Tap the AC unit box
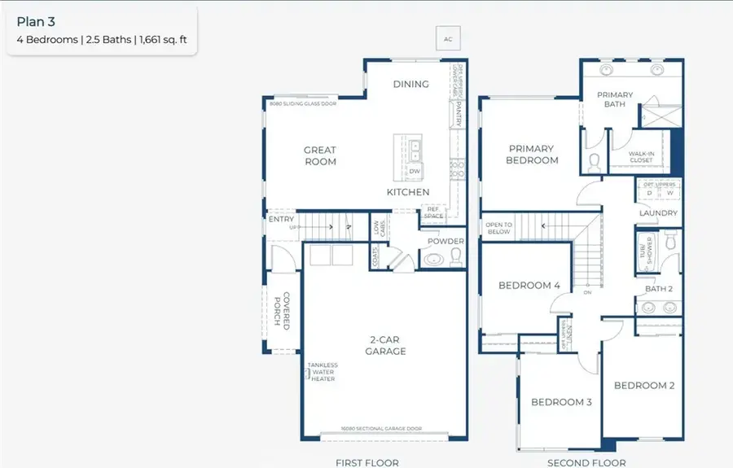point(447,38)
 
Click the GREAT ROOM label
point(320,155)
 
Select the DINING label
point(410,84)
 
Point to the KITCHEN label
point(407,192)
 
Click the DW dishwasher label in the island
point(414,172)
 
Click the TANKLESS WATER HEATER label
point(323,372)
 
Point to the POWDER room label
point(446,241)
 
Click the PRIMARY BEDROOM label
point(531,155)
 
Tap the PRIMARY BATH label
point(615,99)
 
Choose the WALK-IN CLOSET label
point(641,156)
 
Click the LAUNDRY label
point(658,213)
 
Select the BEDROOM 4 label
point(529,286)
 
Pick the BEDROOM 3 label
point(561,402)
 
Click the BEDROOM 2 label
point(643,386)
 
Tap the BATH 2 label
point(659,289)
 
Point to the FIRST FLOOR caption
point(367,462)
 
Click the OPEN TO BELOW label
point(498,228)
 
